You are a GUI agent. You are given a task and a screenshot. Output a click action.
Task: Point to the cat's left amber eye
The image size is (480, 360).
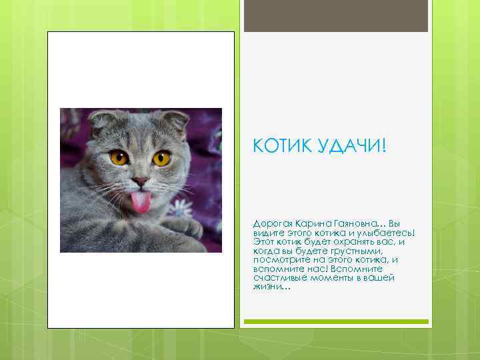[x=119, y=158]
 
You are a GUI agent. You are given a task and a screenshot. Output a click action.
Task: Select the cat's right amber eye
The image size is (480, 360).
[x=161, y=158]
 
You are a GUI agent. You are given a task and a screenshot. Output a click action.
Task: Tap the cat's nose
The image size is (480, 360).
[x=140, y=181]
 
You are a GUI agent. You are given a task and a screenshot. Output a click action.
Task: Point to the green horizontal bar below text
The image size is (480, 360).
[x=335, y=321]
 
